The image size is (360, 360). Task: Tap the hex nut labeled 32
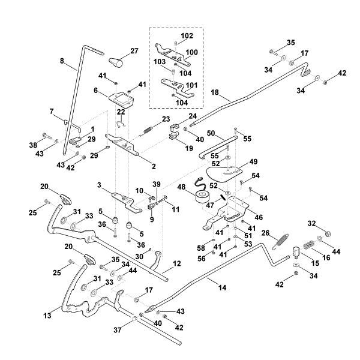(x=326, y=232)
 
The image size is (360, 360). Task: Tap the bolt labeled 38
(x=46, y=134)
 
